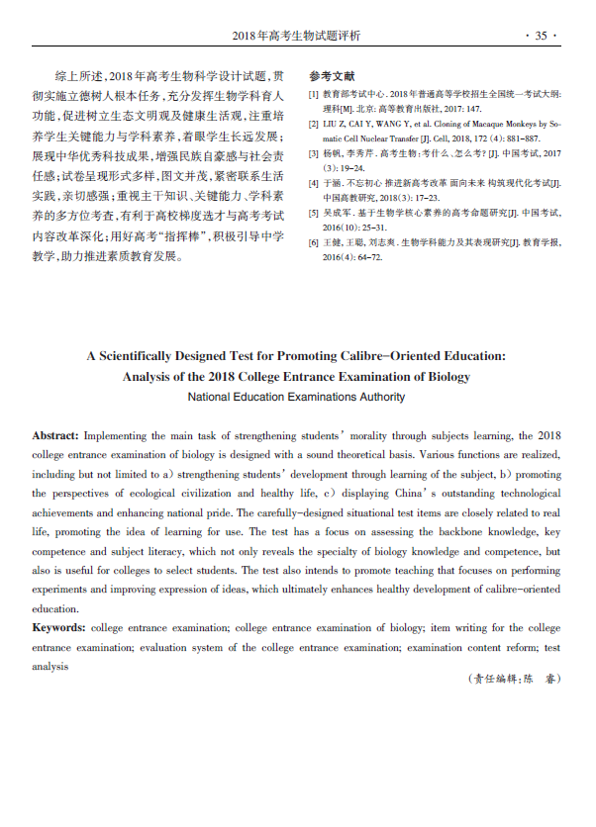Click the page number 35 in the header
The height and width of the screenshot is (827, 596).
coord(541,36)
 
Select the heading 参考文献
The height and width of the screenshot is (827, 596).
coord(332,76)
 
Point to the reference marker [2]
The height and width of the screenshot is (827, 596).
coord(314,125)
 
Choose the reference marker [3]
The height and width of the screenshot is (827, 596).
coord(314,155)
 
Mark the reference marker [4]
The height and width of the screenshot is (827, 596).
coord(314,185)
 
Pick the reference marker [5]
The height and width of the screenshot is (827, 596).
coord(314,214)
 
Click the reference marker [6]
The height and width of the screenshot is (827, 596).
coord(314,242)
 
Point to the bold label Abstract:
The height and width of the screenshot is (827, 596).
coord(55,435)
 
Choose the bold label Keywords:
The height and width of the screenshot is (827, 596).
coord(58,628)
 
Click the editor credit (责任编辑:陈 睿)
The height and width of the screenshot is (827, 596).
coord(512,679)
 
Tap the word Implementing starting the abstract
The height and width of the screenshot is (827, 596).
coord(117,435)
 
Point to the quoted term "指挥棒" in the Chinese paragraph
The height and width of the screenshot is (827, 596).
coord(170,238)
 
